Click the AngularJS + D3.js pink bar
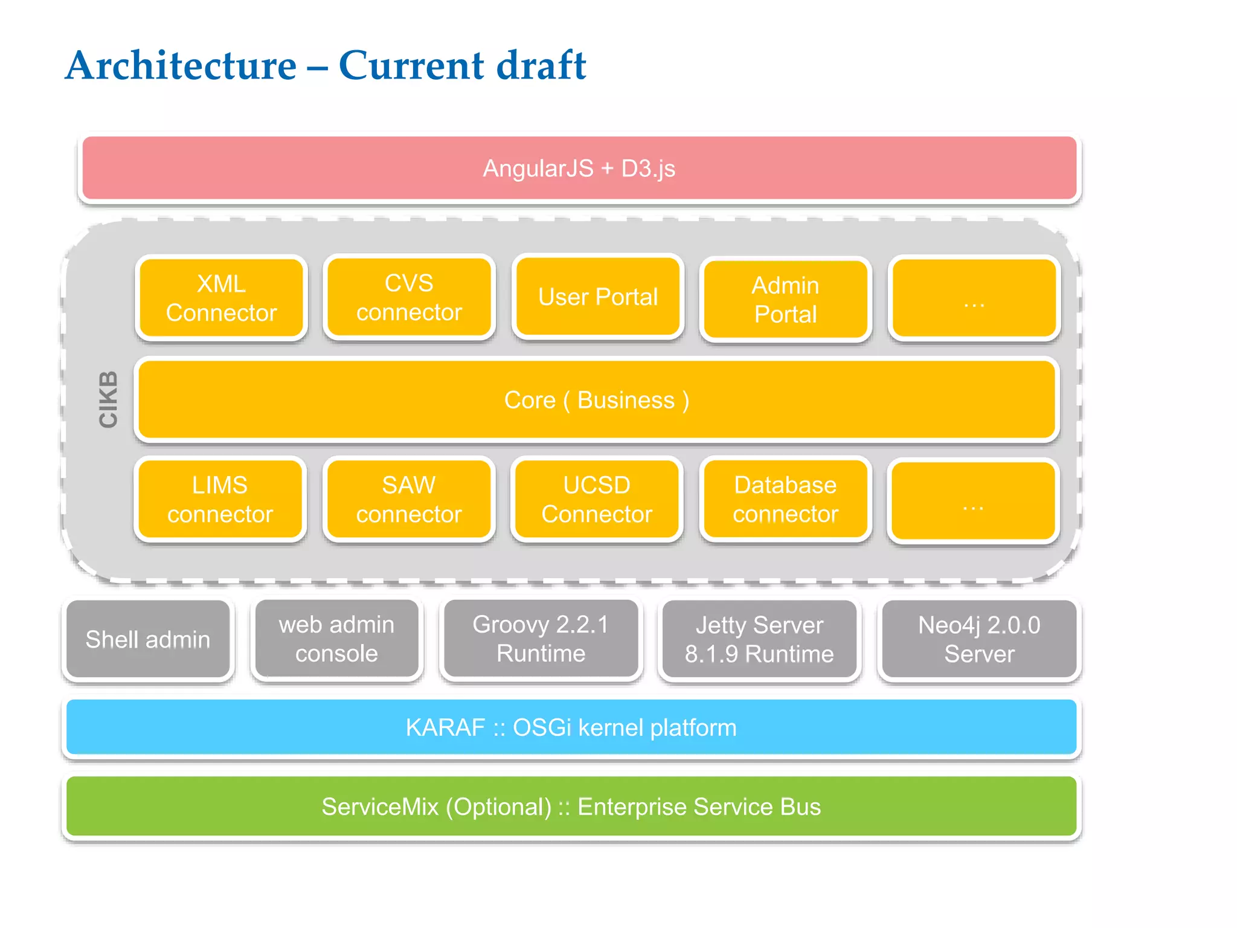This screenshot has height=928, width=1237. pos(579,168)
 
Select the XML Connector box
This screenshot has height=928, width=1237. pos(221,298)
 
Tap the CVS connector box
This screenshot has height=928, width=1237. pos(409,297)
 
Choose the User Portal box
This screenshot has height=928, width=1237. pos(597,297)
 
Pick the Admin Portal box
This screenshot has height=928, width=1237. pos(785,299)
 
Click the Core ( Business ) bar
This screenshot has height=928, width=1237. pos(596,400)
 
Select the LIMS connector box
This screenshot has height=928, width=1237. pos(220,500)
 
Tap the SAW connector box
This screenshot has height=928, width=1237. pos(409,500)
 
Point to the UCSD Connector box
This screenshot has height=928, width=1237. pos(597,500)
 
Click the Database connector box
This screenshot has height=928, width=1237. pos(785,500)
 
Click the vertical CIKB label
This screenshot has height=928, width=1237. pos(108,399)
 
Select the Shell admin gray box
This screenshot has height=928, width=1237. pos(148,639)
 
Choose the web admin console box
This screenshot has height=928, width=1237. pos(336,639)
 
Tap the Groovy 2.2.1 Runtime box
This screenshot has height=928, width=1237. pos(541,639)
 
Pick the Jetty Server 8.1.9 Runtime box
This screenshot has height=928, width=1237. pos(759,639)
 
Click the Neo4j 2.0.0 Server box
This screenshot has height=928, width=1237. pos(979,639)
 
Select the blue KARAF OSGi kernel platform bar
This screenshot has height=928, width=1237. pos(571,727)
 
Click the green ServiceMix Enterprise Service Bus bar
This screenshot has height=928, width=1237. pos(571,807)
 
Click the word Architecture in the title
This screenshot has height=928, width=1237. pos(181,65)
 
